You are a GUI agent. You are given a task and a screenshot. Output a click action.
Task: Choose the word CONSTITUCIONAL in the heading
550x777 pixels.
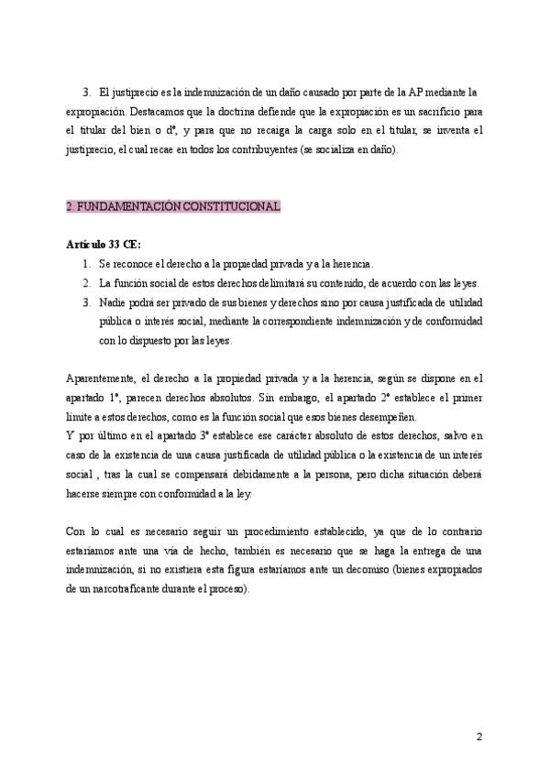[231, 207]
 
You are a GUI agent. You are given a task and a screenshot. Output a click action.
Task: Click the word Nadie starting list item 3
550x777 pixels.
[112, 302]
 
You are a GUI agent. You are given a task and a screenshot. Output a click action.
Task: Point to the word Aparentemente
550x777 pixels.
[101, 378]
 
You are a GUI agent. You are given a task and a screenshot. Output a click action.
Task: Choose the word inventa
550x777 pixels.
[434, 131]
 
